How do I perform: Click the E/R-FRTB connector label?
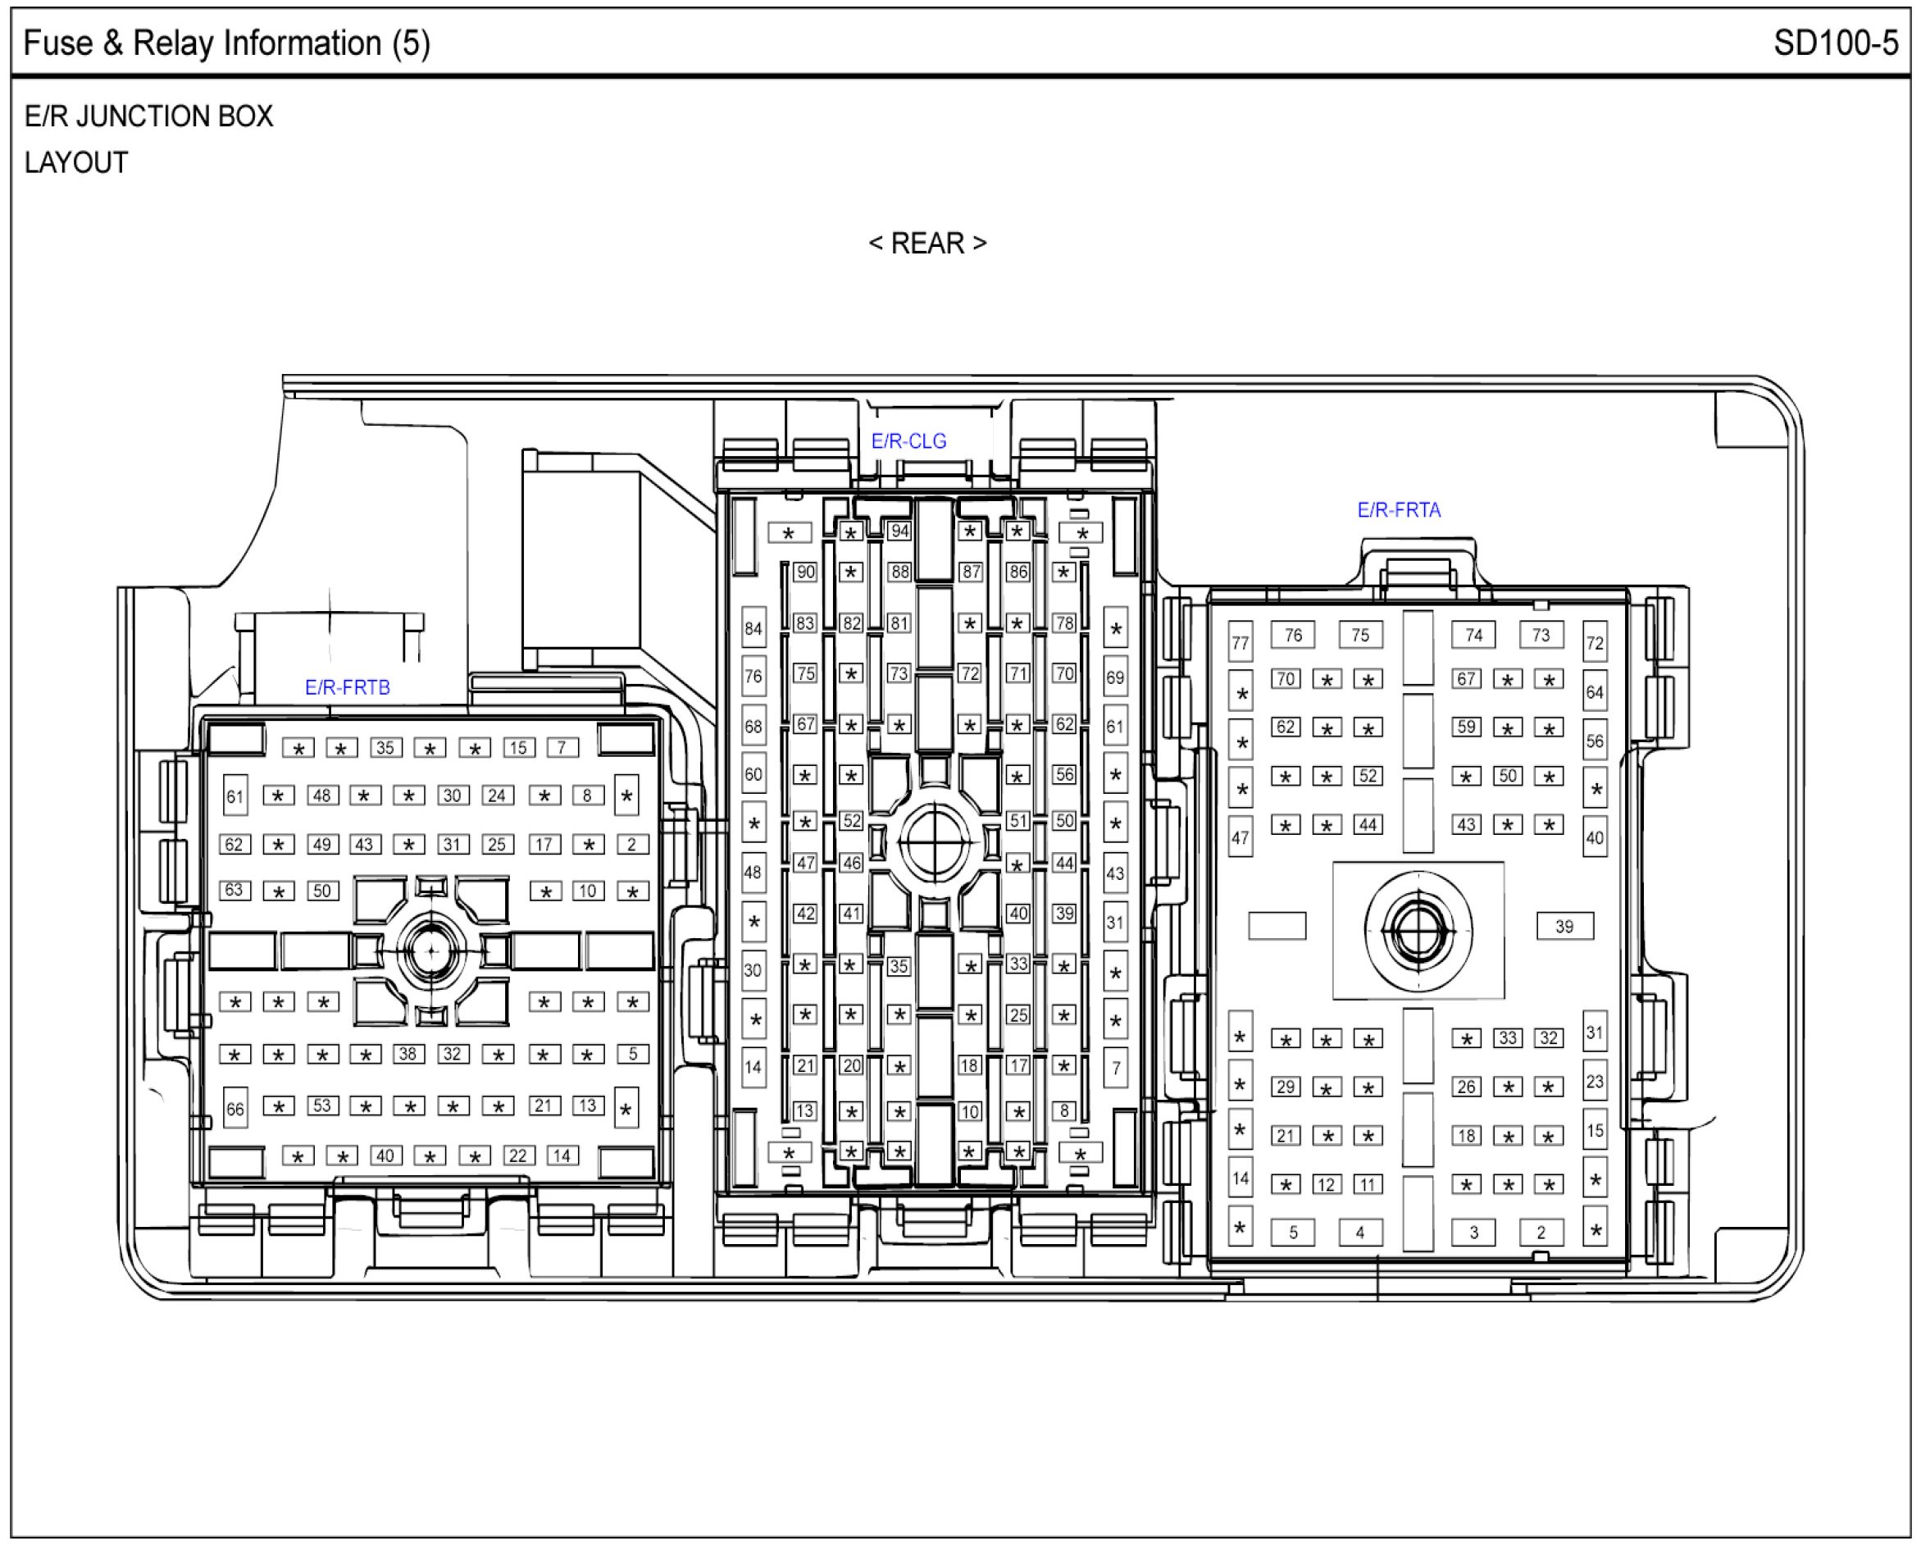(x=348, y=687)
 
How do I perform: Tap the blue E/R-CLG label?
(x=908, y=441)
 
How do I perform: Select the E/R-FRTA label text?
(x=1399, y=510)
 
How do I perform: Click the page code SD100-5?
(x=1835, y=43)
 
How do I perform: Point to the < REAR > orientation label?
(x=927, y=243)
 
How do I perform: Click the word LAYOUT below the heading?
(x=76, y=162)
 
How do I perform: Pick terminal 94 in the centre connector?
(x=899, y=531)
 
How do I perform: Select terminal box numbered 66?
(x=234, y=1109)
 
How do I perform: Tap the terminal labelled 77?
(x=1240, y=643)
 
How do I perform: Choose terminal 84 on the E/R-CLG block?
(x=753, y=628)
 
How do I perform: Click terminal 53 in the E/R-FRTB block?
(x=322, y=1106)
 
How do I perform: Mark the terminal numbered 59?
(x=1467, y=727)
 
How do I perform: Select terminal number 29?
(x=1286, y=1087)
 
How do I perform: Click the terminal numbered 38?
(x=408, y=1054)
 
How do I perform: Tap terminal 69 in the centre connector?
(x=1115, y=677)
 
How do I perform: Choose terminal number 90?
(x=805, y=572)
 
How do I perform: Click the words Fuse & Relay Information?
(x=203, y=43)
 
